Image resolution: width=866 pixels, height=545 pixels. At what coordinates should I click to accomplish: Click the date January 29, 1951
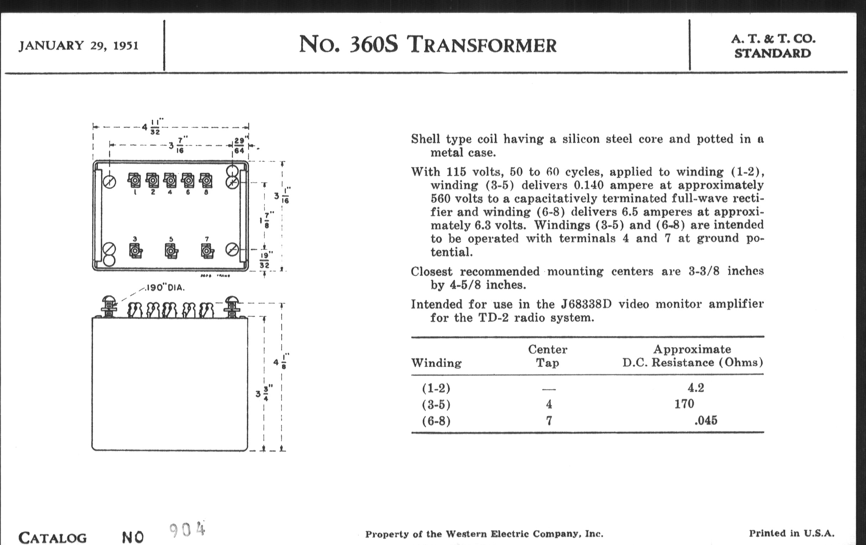78,46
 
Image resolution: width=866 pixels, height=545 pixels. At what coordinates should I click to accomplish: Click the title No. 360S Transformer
427,45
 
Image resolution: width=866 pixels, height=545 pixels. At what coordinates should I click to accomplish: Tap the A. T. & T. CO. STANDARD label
773,46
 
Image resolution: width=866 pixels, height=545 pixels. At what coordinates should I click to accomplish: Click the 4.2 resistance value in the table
695,388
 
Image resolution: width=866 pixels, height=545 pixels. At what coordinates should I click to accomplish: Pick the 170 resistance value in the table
684,404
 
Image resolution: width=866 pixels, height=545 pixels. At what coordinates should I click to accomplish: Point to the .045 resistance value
706,420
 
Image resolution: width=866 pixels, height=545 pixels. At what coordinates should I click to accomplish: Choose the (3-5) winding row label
436,405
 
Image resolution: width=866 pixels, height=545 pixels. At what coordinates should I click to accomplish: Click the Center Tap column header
547,356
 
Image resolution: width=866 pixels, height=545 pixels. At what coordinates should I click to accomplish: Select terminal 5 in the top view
171,250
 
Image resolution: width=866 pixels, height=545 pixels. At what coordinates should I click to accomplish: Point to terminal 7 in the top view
207,250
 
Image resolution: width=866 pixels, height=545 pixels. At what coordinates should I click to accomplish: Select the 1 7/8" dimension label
266,220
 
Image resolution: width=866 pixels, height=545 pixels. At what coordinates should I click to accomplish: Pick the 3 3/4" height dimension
264,393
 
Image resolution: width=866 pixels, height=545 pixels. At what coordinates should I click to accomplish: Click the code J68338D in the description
586,304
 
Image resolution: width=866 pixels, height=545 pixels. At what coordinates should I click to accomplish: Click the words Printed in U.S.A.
791,533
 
